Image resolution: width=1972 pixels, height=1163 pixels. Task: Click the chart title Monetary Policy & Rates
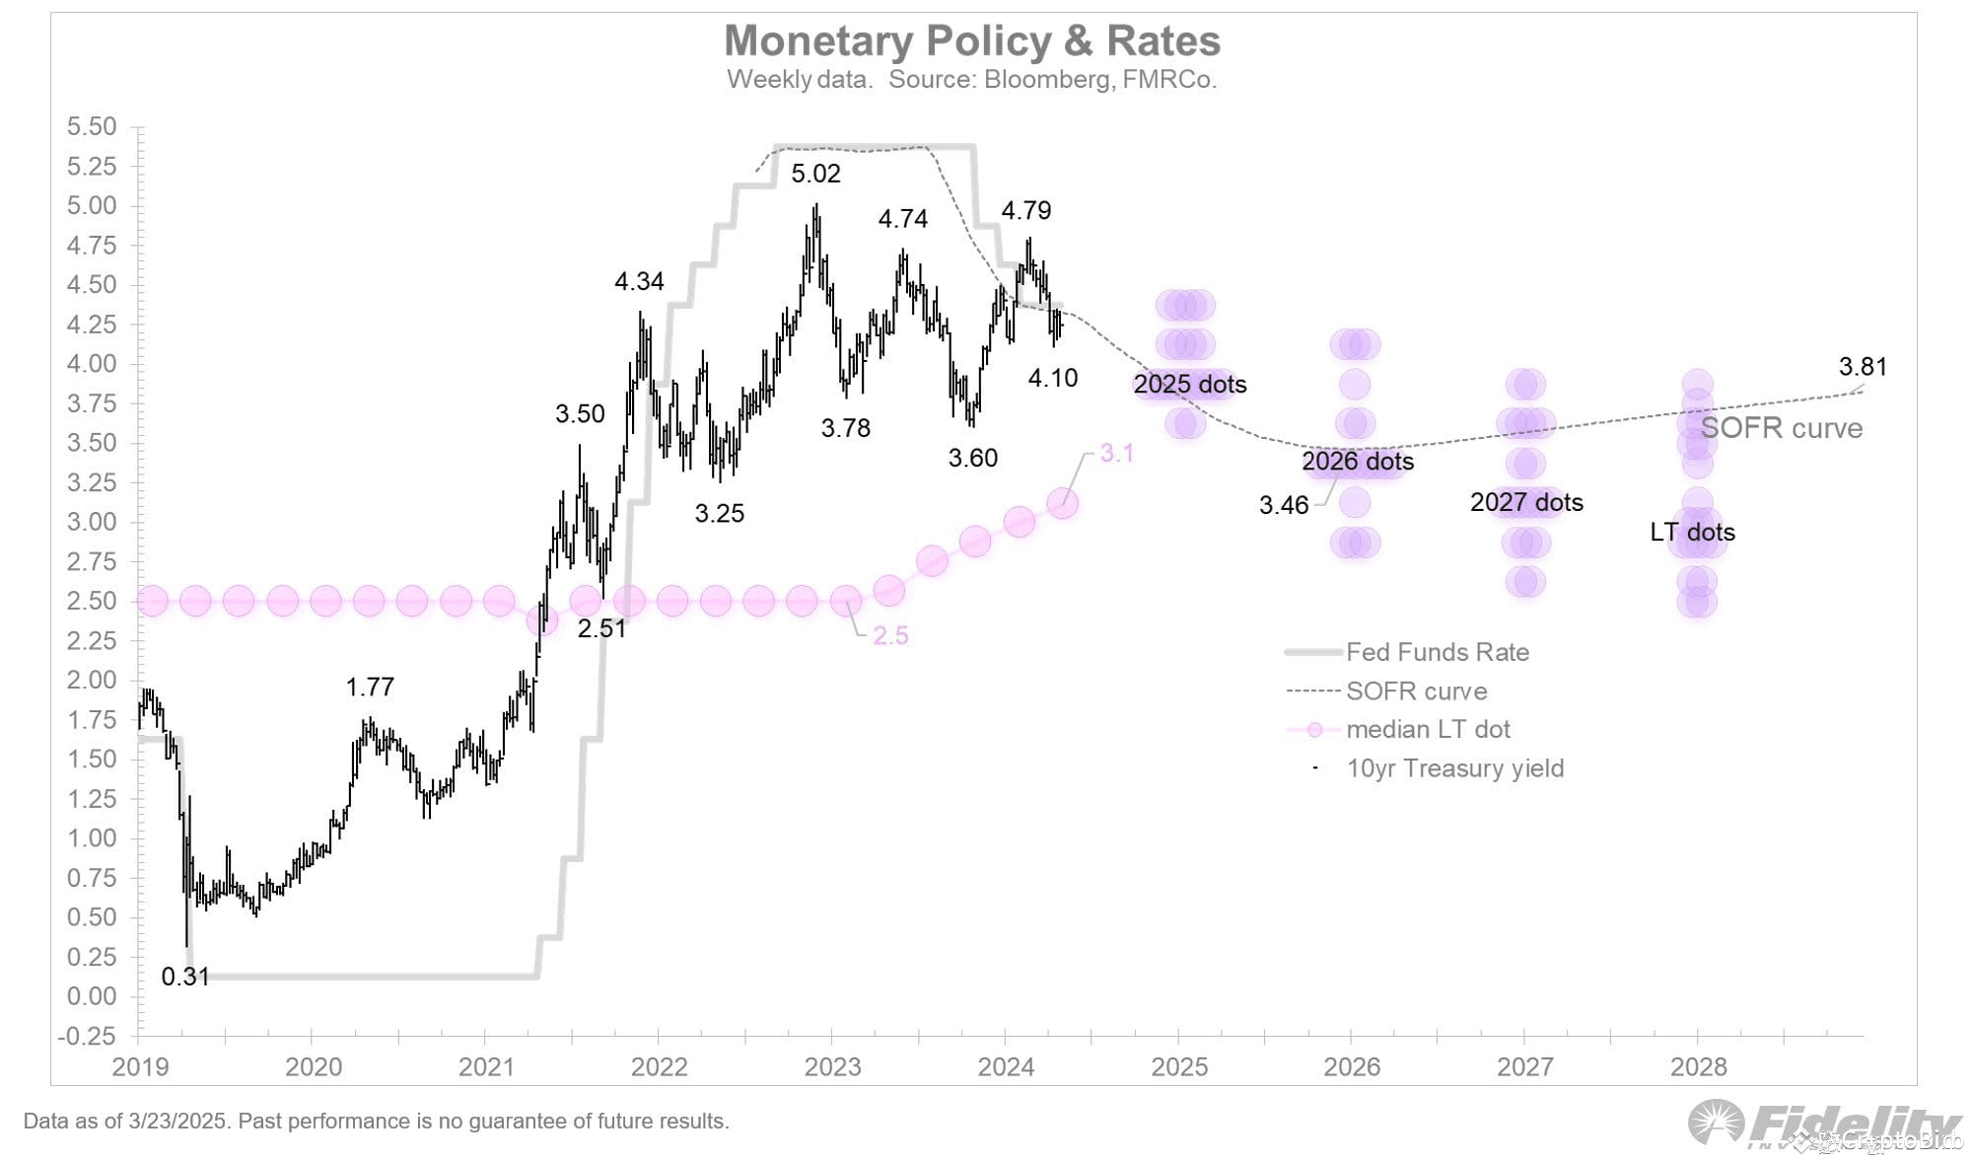(972, 41)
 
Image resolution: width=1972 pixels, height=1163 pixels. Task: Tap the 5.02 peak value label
(815, 174)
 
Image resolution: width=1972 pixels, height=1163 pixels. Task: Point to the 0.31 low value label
(185, 977)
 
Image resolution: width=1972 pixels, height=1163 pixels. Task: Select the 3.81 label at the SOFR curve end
(1863, 367)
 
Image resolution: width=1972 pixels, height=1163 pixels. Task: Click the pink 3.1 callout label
(1116, 453)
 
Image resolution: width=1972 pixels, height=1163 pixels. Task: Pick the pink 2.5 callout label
(890, 636)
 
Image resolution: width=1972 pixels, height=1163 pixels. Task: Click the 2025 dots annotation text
(1189, 384)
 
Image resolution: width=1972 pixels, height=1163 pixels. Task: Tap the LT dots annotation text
(1692, 532)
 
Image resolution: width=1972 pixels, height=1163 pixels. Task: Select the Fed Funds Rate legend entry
(1437, 652)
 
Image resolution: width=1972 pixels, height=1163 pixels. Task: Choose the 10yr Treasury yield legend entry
(1454, 768)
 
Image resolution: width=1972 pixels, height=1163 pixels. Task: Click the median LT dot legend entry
(1428, 729)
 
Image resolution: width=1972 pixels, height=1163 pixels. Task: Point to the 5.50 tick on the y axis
(91, 126)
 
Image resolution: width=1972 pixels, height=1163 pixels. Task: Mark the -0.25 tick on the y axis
(87, 1036)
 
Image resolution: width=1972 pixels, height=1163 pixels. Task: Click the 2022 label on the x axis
(659, 1066)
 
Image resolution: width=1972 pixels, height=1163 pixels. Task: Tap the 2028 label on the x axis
(1698, 1066)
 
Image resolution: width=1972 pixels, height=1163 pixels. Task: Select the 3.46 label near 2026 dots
(1283, 505)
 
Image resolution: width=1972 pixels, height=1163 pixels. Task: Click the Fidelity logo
(1824, 1125)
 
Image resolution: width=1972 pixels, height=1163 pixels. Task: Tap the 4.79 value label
(1025, 210)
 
